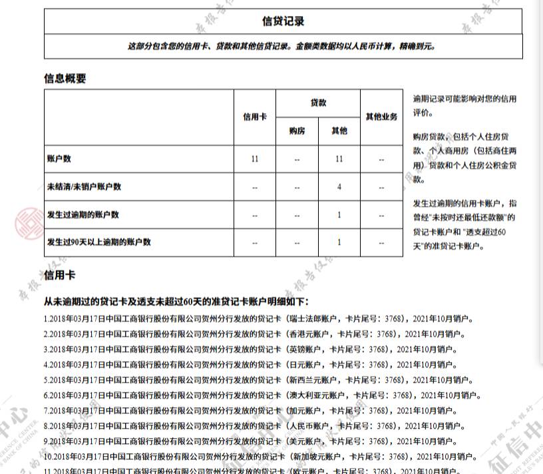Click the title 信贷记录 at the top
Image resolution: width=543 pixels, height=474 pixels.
tap(283, 21)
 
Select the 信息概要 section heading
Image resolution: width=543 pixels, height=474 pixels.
tap(65, 79)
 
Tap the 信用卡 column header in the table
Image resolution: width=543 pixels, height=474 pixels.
tap(254, 117)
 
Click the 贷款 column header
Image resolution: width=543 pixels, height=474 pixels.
tap(318, 103)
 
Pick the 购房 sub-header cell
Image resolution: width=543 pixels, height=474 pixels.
tap(297, 131)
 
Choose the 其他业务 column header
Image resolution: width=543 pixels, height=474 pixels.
tap(381, 117)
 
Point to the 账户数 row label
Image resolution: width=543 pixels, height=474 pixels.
tap(59, 159)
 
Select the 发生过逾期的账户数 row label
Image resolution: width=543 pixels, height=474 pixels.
tap(83, 214)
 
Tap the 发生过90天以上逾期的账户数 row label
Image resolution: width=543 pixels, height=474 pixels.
tap(98, 242)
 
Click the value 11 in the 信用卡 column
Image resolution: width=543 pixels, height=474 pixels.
tap(254, 159)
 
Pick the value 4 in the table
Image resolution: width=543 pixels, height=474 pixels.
tap(339, 187)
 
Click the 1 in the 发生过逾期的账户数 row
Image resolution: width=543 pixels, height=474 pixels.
tap(339, 214)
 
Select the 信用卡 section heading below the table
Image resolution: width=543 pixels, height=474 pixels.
tap(61, 274)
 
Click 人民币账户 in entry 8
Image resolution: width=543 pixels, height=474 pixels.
tap(309, 425)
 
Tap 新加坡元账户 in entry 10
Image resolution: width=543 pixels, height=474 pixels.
tap(317, 457)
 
